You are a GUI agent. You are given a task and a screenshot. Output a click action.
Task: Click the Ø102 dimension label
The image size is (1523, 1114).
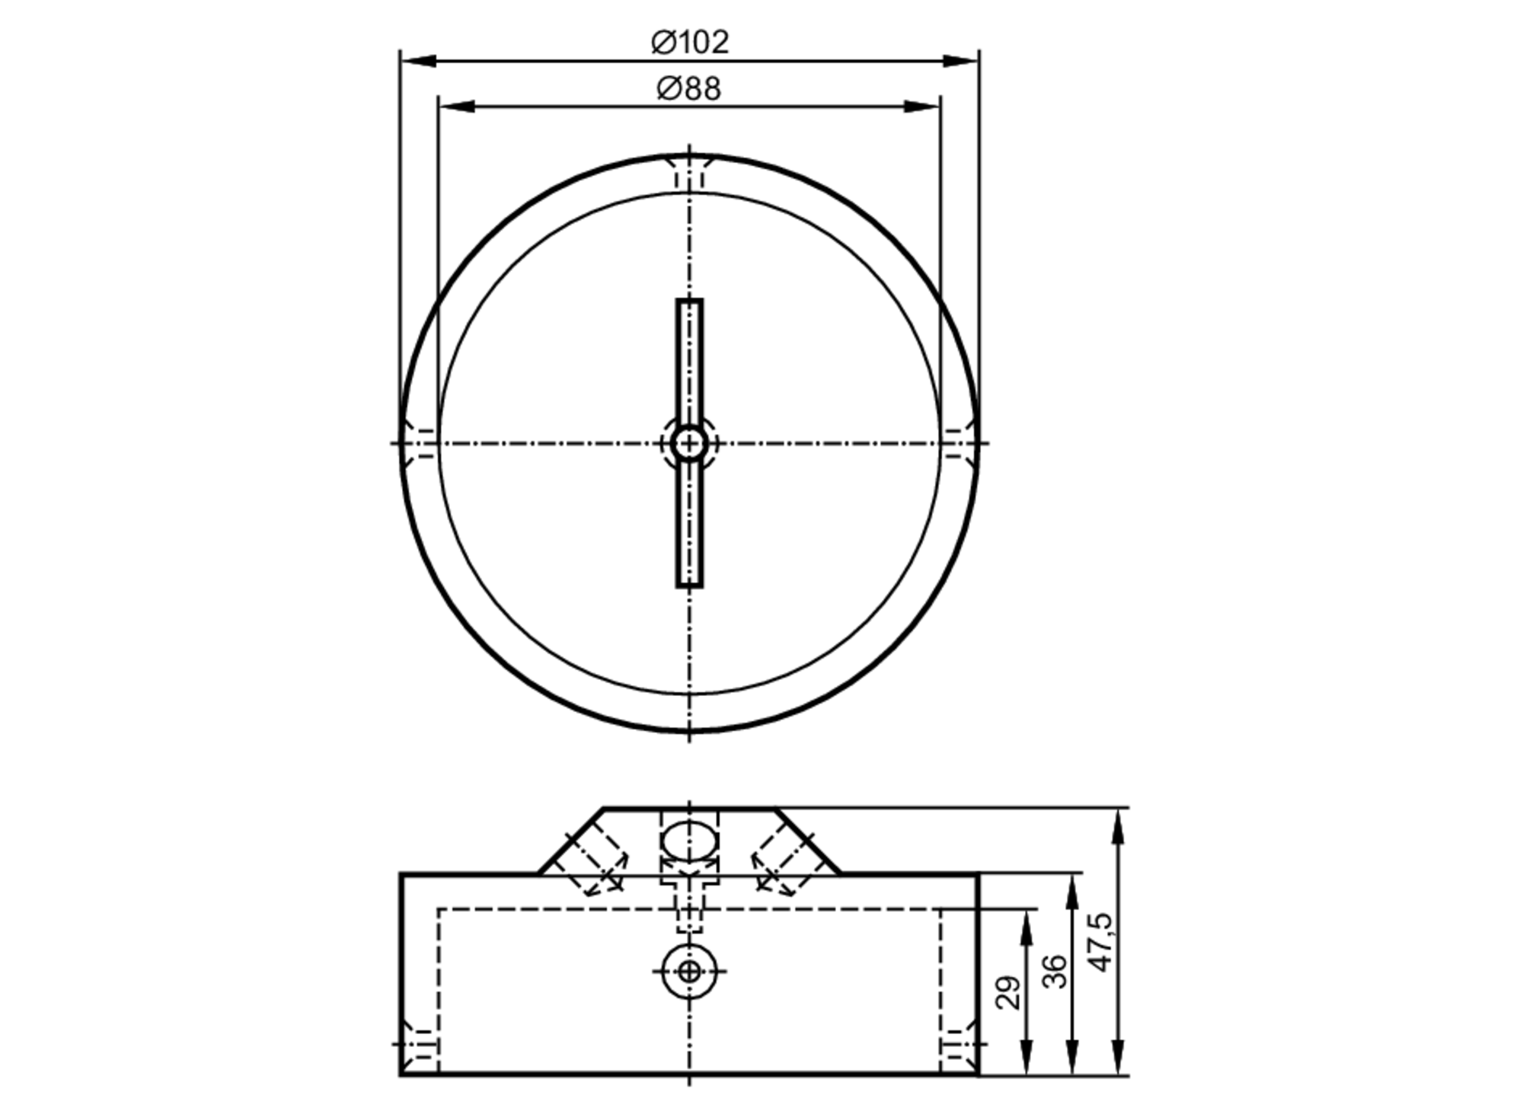tap(690, 43)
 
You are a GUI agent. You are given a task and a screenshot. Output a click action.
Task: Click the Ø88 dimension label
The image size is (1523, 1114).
tap(688, 89)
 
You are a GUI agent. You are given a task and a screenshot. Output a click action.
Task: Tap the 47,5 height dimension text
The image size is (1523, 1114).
tap(1102, 942)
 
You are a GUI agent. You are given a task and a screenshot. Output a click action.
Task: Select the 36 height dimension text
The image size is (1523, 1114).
tap(1055, 972)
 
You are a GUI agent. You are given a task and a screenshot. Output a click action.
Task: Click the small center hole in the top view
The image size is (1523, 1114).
tap(689, 443)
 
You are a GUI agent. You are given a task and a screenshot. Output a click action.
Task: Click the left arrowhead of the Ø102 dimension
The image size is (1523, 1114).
tap(419, 61)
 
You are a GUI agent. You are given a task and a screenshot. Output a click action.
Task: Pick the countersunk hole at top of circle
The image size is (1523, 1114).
tap(690, 171)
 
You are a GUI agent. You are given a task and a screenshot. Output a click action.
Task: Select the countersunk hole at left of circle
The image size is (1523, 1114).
tap(419, 443)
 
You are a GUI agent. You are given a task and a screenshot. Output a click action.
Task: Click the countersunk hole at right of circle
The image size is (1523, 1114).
tap(959, 443)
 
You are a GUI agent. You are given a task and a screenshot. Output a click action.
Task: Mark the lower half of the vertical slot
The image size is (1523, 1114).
tap(690, 525)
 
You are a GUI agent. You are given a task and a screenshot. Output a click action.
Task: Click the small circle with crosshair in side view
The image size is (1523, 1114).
tap(690, 971)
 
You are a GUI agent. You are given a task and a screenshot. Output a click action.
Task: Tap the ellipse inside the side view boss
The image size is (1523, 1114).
tap(689, 838)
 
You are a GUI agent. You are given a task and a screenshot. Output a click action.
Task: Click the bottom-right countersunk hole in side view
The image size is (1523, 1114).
tap(959, 1044)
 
